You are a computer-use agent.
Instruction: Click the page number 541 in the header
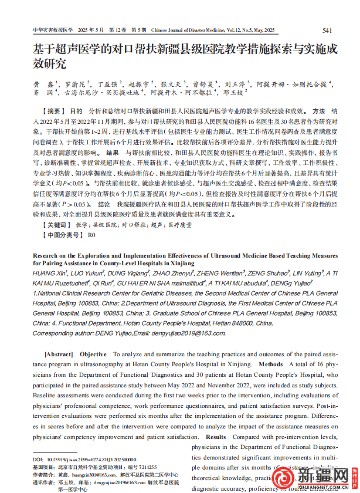(327, 30)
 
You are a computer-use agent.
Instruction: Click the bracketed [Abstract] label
(59, 354)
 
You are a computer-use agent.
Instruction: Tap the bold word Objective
(93, 354)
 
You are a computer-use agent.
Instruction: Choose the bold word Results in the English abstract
(216, 437)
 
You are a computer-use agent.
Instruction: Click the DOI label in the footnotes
(38, 459)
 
